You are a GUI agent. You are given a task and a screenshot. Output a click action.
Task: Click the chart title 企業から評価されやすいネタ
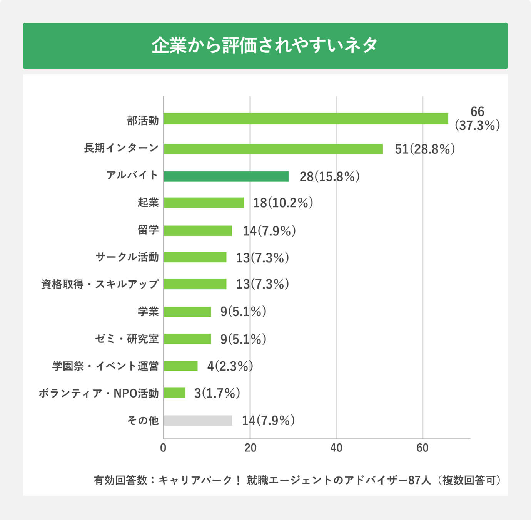coord(265,45)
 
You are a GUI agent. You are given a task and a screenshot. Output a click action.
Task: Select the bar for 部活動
coord(306,119)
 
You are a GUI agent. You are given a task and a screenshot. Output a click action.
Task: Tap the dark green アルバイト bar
coord(226,176)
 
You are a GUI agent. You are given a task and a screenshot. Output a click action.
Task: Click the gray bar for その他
coord(198,421)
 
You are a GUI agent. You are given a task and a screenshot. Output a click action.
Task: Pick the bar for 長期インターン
coord(273,149)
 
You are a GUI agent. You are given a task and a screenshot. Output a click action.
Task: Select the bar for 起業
coord(204,203)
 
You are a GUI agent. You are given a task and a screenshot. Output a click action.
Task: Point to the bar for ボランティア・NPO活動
coord(174,393)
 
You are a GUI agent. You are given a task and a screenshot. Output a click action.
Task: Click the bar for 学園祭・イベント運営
coord(180,366)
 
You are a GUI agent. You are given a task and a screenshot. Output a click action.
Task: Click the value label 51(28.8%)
coord(425,149)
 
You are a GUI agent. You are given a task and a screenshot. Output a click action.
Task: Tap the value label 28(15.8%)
coord(329,176)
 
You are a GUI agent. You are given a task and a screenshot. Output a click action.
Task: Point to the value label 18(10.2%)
coord(283,203)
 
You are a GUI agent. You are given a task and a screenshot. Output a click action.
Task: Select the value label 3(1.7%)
coord(217,393)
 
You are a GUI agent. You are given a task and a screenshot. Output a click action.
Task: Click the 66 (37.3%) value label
coord(477,119)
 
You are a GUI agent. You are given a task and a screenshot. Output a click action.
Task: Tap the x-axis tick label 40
coord(336,448)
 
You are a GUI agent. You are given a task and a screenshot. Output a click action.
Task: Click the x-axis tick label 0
coord(163,448)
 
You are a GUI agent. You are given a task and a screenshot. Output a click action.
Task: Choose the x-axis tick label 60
coord(422,448)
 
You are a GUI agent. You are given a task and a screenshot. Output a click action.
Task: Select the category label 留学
coord(148,230)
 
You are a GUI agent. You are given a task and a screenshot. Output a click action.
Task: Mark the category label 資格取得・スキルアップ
coord(100,284)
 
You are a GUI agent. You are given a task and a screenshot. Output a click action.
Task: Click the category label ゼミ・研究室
coord(127,339)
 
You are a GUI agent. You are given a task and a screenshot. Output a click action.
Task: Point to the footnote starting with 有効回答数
coord(297,480)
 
